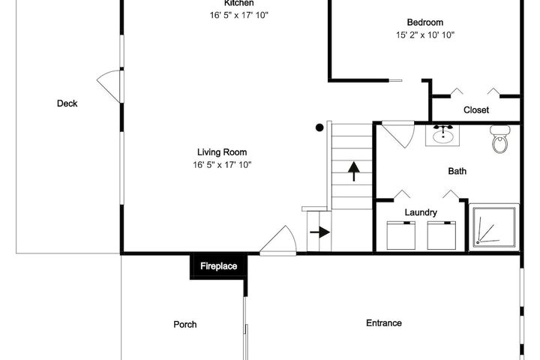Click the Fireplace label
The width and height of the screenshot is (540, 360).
pos(219,266)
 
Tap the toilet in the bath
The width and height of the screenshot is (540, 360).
pos(500,139)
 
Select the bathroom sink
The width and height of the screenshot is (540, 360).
pos(442,136)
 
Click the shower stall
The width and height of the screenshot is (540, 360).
pos(494,227)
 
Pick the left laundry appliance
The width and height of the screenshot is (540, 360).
pos(400,235)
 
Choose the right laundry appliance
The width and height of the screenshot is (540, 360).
pos(442,235)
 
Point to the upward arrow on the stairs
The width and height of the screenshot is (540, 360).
pos(354,172)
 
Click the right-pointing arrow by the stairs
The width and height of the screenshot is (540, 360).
pos(320,232)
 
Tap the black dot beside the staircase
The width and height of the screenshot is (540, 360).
pos(319,127)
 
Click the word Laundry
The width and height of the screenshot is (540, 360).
pos(421,212)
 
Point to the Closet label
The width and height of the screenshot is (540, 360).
pos(476,110)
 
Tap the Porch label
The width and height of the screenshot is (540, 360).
pos(185,325)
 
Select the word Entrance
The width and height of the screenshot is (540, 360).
pos(384,323)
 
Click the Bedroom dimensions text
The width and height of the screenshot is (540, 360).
pos(425,34)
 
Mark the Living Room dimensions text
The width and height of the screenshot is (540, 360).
pos(222,165)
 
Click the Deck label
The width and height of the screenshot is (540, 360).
pos(67,103)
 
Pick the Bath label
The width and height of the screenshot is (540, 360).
pos(457,171)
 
